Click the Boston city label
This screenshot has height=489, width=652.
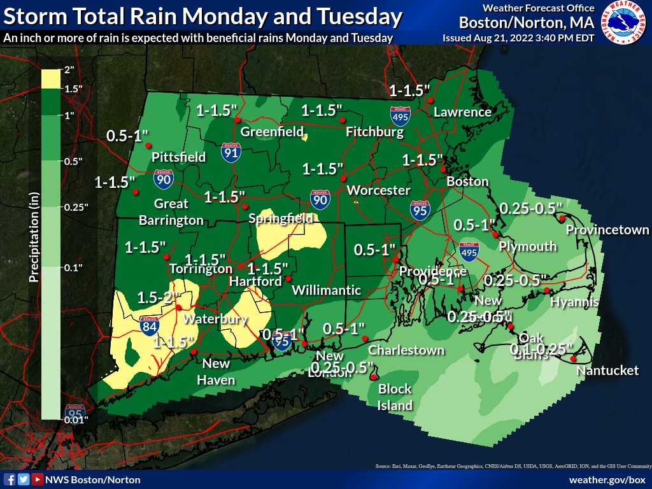[x=467, y=181]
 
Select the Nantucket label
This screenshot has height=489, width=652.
[x=607, y=370]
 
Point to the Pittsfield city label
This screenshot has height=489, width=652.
[x=178, y=157]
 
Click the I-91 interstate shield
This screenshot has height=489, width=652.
[x=231, y=152]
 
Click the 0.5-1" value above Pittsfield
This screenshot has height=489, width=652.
[x=127, y=135]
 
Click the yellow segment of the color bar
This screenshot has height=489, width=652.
[x=51, y=79]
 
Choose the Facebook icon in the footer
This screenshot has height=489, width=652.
[x=10, y=479]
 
